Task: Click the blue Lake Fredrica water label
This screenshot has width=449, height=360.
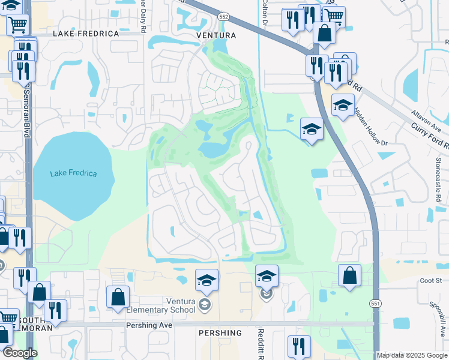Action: pyautogui.click(x=74, y=174)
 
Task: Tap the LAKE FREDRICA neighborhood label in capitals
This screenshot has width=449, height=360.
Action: pyautogui.click(x=86, y=34)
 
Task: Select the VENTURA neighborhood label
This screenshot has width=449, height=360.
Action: pyautogui.click(x=216, y=35)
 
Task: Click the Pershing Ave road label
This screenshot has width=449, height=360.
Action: pyautogui.click(x=149, y=325)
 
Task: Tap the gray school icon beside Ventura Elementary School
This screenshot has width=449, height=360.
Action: pyautogui.click(x=206, y=305)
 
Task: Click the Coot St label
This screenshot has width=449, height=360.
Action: pyautogui.click(x=430, y=280)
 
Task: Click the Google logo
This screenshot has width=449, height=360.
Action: pyautogui.click(x=19, y=353)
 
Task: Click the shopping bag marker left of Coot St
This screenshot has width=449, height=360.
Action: pyautogui.click(x=349, y=277)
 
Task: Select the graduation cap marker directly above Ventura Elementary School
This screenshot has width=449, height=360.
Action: pyautogui.click(x=206, y=280)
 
